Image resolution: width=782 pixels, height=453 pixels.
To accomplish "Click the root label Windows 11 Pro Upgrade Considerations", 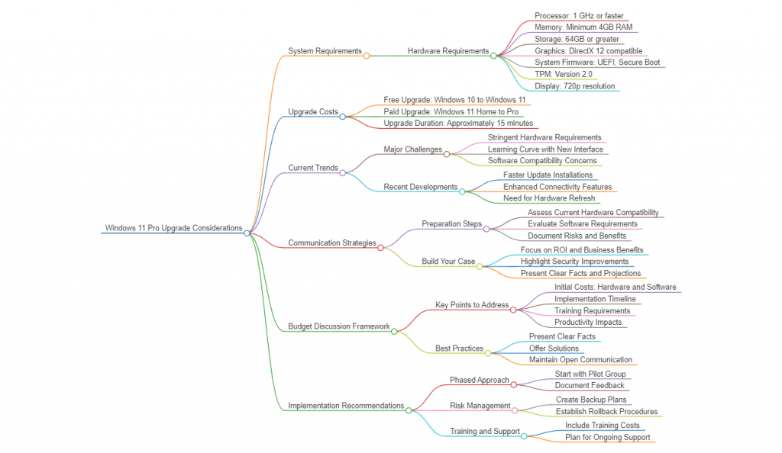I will [x=173, y=228].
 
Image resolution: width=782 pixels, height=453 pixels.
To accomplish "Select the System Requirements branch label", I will [x=325, y=51].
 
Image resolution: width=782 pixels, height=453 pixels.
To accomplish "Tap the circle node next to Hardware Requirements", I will [x=493, y=56].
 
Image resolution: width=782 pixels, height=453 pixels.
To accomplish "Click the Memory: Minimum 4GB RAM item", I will [x=583, y=27].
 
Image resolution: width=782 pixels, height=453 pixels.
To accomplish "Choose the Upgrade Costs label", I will [x=313, y=112].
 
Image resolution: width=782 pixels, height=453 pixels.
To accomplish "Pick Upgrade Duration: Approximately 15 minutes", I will [x=458, y=124].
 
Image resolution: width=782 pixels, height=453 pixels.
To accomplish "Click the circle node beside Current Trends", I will [x=342, y=172].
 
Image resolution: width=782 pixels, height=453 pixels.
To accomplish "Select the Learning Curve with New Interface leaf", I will [x=545, y=149].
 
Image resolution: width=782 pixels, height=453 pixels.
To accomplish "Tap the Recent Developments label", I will [x=420, y=187].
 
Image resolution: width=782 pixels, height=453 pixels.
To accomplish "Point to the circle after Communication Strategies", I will [x=380, y=248].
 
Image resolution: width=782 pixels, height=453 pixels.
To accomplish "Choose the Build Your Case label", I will [x=448, y=262].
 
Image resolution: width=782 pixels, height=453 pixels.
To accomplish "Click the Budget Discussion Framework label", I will [x=339, y=326].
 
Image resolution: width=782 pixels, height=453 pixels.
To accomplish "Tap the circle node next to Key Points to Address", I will [x=513, y=309].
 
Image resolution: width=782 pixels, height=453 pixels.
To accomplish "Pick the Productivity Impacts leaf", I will [x=588, y=323].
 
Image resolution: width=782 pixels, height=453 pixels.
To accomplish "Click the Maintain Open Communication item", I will [x=580, y=360].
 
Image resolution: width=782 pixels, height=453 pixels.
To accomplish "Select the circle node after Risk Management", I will [x=515, y=410].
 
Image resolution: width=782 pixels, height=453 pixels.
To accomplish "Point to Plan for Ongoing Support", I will [x=608, y=438].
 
